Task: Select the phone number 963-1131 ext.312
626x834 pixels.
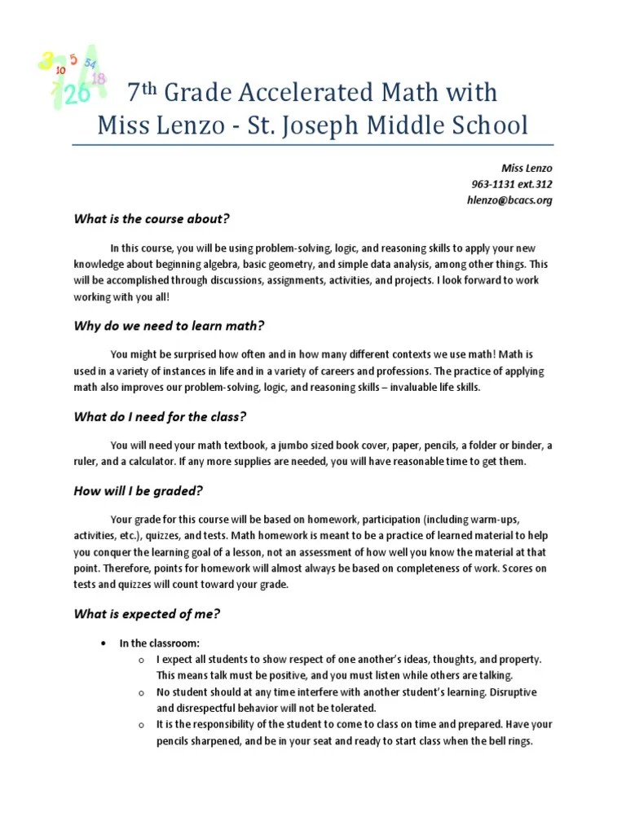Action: [511, 184]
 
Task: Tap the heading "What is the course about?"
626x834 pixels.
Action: [152, 218]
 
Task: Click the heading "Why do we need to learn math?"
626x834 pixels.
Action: [170, 326]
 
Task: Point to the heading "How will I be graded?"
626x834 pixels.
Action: [139, 490]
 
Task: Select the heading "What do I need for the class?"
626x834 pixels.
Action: [161, 417]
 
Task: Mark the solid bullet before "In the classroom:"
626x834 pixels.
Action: [103, 643]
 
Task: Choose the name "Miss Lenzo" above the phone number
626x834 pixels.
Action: [527, 168]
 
